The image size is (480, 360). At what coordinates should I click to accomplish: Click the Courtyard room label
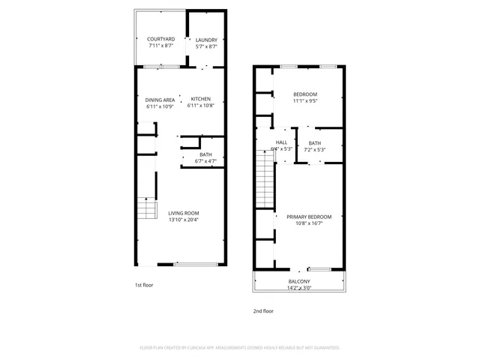click(x=160, y=39)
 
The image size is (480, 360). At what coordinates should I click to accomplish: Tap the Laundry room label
click(x=206, y=40)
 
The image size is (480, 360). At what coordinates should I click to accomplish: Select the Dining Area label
click(x=160, y=99)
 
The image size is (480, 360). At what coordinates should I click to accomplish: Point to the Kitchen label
click(x=201, y=99)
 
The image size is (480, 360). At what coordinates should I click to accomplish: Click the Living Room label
click(x=183, y=213)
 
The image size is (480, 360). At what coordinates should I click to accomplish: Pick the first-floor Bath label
click(x=205, y=154)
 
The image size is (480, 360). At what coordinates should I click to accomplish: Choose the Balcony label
click(x=299, y=281)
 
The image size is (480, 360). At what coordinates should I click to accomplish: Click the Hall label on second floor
click(x=281, y=142)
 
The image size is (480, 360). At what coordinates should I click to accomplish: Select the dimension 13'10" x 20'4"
click(x=183, y=220)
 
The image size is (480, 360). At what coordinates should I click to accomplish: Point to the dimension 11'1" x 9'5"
click(x=304, y=100)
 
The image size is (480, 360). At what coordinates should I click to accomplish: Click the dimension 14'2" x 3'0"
click(x=299, y=288)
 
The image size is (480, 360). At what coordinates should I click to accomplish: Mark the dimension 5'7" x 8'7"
click(x=206, y=46)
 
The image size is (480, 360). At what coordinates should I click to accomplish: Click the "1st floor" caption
click(x=144, y=286)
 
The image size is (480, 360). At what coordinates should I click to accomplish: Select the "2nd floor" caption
click(x=262, y=310)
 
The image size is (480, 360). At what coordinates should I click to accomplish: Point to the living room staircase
click(x=148, y=210)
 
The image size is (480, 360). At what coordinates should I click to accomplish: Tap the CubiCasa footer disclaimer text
click(x=240, y=348)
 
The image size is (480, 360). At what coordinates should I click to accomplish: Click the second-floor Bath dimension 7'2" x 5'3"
click(x=315, y=149)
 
